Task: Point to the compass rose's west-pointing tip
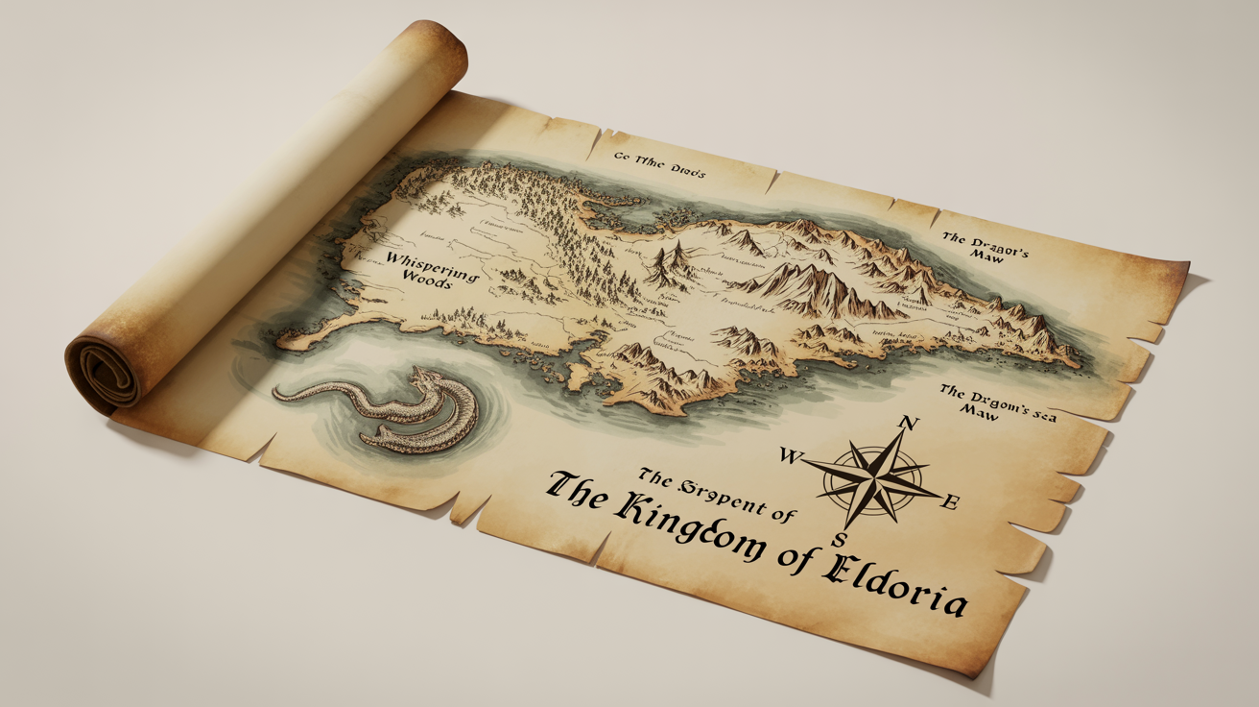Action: (x=805, y=463)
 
